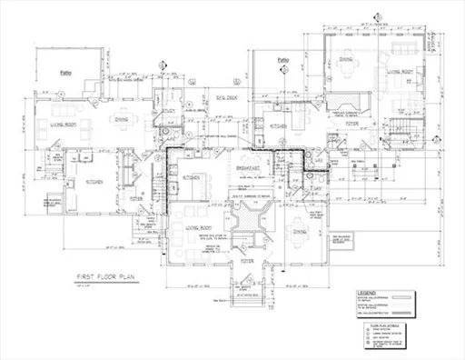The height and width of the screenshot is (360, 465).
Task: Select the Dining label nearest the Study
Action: (x=120, y=118)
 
